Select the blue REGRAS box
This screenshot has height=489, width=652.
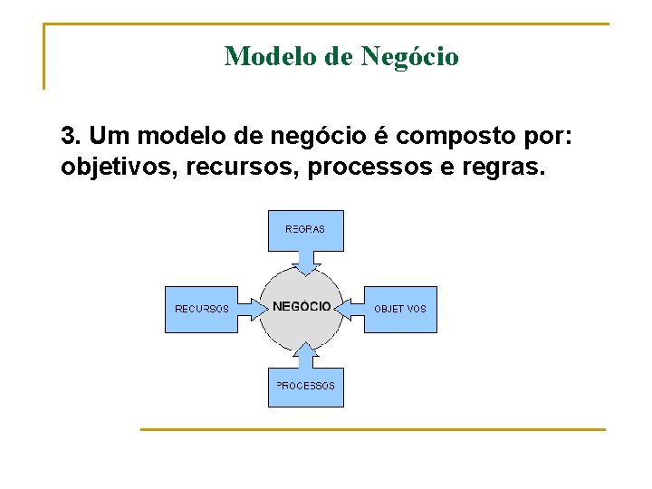pos(305,230)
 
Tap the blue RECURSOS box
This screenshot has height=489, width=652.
pos(201,309)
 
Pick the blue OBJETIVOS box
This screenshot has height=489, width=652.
pos(400,309)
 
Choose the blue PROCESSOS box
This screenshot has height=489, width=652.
pos(305,387)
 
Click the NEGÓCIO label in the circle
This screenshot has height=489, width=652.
pos(302,306)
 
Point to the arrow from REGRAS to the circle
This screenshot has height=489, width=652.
pos(308,262)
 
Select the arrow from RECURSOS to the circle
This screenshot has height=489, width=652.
pos(250,309)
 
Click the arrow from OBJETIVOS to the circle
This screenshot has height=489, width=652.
pos(350,309)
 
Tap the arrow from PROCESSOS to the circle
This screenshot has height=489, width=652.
pos(306,356)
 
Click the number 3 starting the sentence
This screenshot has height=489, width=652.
pos(69,137)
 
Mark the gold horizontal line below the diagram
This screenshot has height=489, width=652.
pos(371,429)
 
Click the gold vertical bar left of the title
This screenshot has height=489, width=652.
pos(44,56)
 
